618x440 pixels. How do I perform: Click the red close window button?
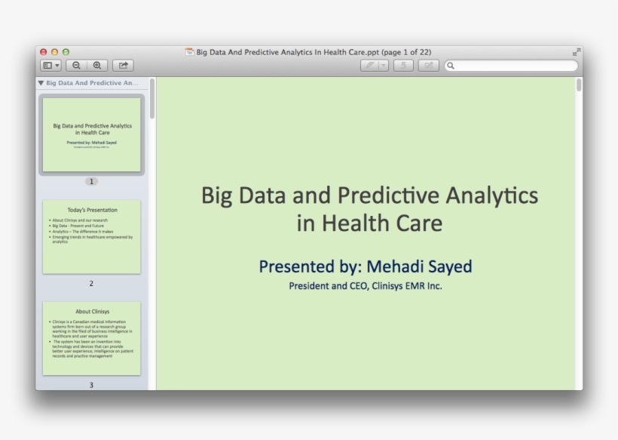point(44,52)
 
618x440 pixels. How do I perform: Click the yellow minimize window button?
point(54,52)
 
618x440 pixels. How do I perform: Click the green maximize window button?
point(66,52)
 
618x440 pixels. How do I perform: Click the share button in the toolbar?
point(123,66)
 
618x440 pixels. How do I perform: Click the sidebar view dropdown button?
point(51,66)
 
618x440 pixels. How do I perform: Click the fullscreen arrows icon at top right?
point(577,52)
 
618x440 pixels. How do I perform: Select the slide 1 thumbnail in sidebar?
point(91,134)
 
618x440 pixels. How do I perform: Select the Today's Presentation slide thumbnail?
point(91,237)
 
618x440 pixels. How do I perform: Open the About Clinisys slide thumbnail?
point(91,338)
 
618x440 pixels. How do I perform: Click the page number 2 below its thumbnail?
point(91,284)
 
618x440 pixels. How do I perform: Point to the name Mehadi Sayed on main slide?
point(419,266)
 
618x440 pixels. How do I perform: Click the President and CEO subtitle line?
point(366,286)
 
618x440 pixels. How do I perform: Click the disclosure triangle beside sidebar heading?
point(41,83)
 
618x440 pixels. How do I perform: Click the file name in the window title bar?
point(287,52)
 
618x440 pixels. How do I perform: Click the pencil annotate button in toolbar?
point(369,66)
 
